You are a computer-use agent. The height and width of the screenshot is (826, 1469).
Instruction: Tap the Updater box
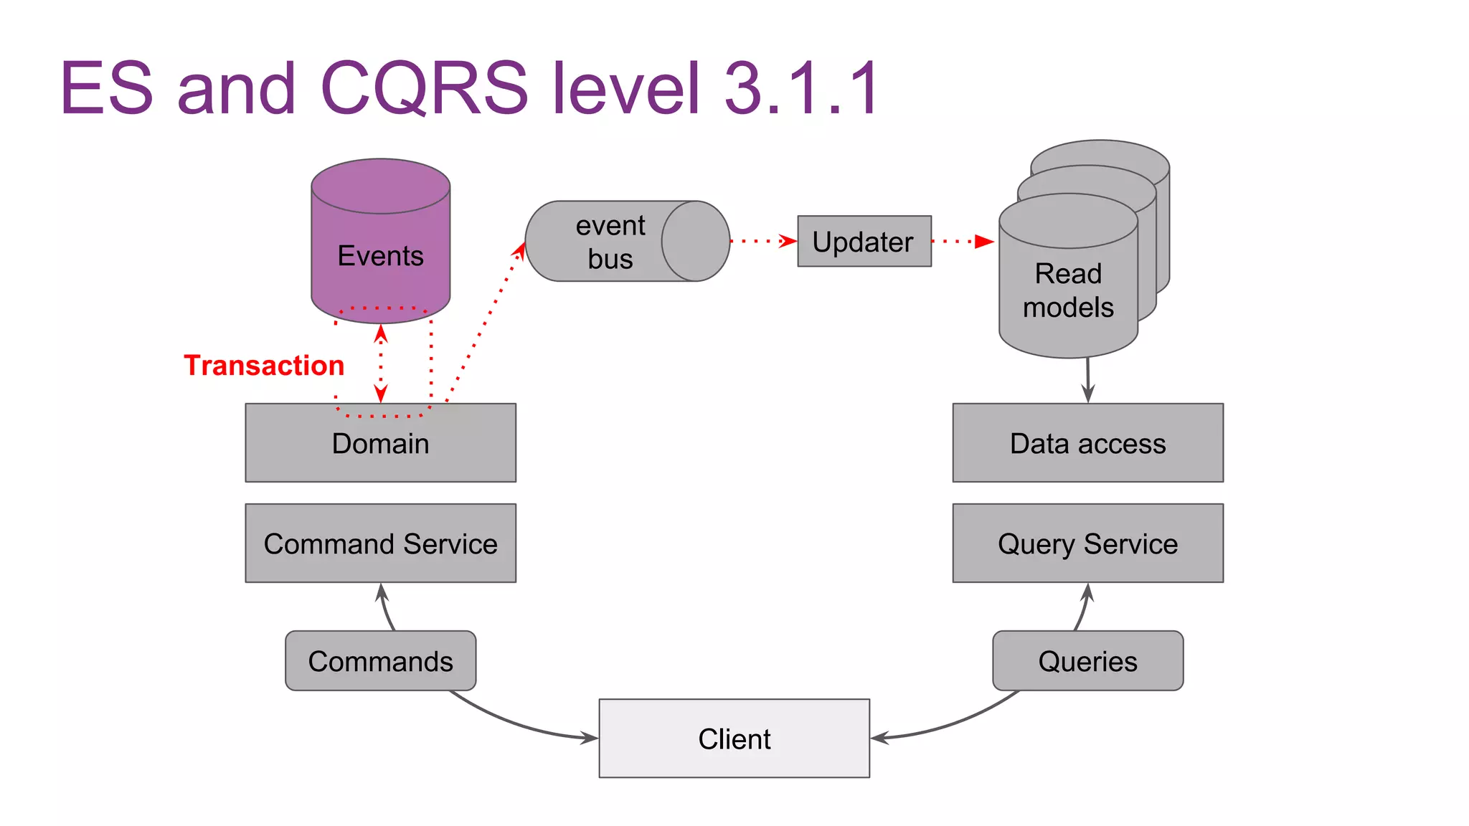pos(864,242)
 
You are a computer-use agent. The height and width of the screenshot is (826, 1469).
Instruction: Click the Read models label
pos(1068,290)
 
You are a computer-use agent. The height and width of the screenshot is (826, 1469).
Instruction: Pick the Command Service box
pos(380,543)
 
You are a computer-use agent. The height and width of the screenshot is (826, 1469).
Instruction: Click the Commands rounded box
pos(380,661)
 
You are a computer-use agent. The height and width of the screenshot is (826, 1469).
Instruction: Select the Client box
pos(734,739)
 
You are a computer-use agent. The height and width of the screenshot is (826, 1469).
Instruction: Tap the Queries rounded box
pos(1087,661)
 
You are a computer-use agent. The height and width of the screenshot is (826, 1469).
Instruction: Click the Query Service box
pos(1087,543)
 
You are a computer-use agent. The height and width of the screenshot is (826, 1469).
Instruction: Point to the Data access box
pos(1087,443)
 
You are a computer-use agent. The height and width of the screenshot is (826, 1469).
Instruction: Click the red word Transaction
pos(264,366)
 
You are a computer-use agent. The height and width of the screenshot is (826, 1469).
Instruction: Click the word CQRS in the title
pos(423,87)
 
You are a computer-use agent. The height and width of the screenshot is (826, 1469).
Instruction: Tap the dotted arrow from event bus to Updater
pos(763,242)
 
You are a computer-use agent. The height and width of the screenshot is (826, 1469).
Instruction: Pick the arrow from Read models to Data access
pos(1088,380)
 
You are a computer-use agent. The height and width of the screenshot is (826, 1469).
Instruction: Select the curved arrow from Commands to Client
pos(516,724)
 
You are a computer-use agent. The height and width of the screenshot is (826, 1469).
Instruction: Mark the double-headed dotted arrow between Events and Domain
pos(381,364)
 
